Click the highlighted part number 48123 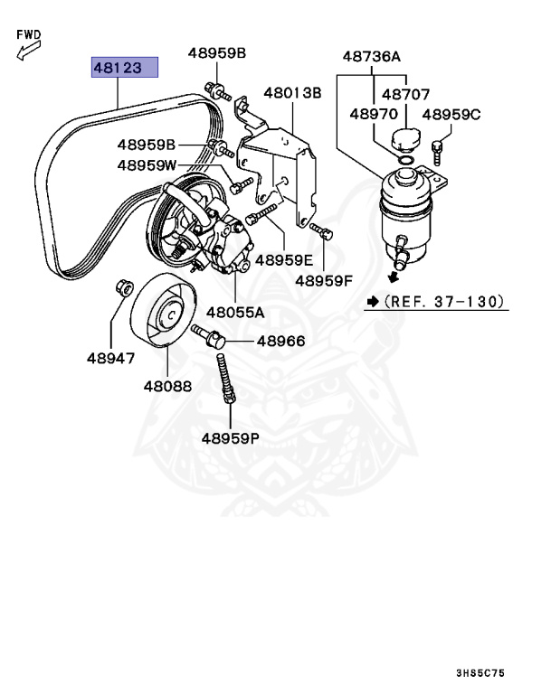point(124,67)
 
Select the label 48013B point(292,92)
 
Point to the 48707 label point(405,93)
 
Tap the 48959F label point(324,281)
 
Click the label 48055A point(234,313)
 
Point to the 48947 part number point(110,358)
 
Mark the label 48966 point(280,342)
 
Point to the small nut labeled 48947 point(123,288)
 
